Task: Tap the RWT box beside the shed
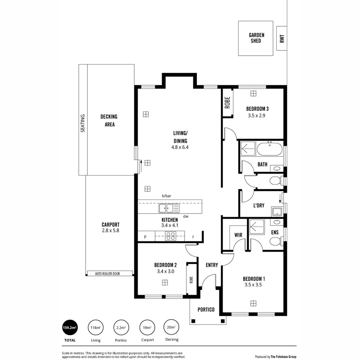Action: [x=282, y=39]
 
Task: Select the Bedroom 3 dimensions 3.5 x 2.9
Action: [x=256, y=116]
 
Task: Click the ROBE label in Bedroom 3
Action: [x=227, y=103]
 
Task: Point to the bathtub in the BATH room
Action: [x=270, y=150]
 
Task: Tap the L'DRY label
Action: [x=258, y=206]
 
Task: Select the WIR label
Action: [x=238, y=235]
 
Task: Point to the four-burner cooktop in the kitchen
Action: [x=170, y=236]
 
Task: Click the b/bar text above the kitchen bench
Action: [x=166, y=196]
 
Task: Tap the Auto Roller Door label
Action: [x=110, y=274]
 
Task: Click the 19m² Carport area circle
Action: [x=146, y=328]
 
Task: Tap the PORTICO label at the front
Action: [x=206, y=310]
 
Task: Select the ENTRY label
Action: [x=212, y=265]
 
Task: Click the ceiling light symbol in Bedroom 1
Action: [x=253, y=302]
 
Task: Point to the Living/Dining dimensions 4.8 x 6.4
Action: [x=180, y=147]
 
